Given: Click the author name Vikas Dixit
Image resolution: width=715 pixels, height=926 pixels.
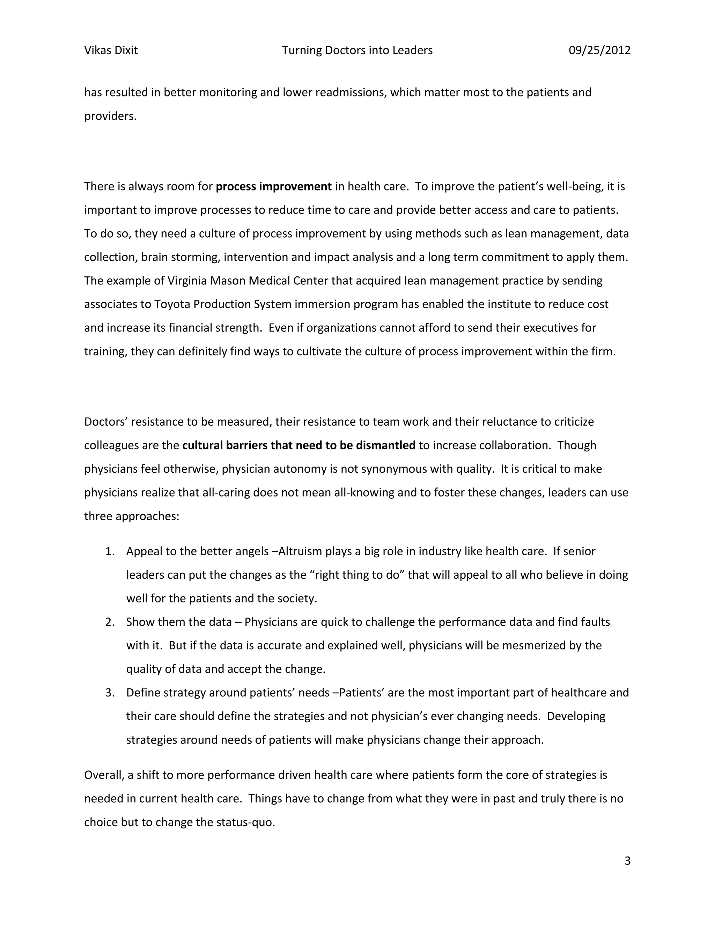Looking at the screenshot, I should click(111, 50).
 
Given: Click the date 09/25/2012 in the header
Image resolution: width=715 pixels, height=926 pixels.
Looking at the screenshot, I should click(599, 50).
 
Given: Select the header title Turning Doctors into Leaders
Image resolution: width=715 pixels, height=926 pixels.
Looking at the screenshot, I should click(357, 50).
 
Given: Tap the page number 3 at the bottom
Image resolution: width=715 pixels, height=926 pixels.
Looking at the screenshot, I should click(627, 861).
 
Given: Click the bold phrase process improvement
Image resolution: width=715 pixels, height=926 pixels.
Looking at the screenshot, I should click(274, 187).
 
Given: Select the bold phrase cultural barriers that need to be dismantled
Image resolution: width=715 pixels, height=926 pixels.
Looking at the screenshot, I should click(298, 446).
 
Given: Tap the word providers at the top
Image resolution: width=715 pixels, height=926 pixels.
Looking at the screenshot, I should click(110, 116).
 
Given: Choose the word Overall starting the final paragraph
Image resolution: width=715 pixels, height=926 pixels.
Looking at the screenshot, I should click(104, 775).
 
